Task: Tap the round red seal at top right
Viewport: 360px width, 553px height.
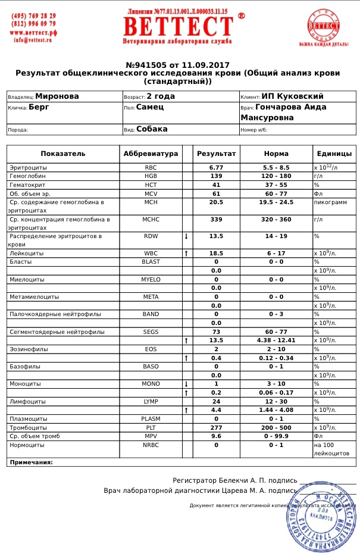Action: [x=324, y=27]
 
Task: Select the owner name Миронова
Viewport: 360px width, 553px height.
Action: [x=57, y=96]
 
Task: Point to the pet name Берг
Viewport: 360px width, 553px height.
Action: [x=39, y=108]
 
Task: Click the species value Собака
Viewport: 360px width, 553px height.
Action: [x=152, y=129]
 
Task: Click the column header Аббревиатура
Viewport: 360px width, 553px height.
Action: [x=151, y=154]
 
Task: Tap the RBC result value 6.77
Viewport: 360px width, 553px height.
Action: [x=217, y=168]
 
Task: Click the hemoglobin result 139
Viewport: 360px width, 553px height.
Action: [x=217, y=177]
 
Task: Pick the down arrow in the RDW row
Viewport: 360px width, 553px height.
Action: [x=186, y=236]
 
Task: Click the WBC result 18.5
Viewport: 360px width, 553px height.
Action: [x=217, y=254]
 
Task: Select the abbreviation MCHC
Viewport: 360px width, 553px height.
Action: [x=151, y=220]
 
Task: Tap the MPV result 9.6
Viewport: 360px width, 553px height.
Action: [x=217, y=436]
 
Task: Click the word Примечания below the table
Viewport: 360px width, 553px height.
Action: [x=31, y=462]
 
